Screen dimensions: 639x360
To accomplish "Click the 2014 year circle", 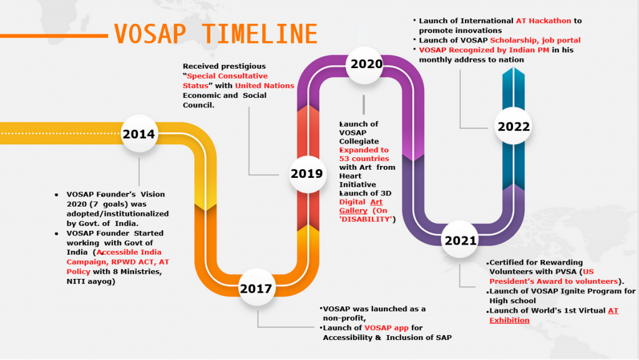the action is coord(139,134).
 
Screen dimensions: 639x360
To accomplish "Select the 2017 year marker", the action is coord(256,288).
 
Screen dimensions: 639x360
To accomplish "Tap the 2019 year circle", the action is coord(306,174).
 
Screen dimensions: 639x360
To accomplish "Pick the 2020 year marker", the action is coord(365,64).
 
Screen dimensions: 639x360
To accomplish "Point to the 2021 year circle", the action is coord(460,240).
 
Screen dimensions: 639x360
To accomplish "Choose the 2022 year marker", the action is coord(513,126).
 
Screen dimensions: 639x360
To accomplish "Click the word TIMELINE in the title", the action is coord(260,34).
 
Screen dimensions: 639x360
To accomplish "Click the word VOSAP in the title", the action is coord(150,34).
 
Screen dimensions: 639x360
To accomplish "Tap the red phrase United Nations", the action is coord(265,85).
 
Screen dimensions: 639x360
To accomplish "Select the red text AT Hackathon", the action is coord(544,21).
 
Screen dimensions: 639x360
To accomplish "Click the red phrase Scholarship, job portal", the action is coord(535,41).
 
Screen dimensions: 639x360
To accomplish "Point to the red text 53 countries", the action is coord(364,158).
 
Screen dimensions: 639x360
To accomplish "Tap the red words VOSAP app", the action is coord(386,328).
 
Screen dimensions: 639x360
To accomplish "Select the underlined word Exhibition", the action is coord(509,320).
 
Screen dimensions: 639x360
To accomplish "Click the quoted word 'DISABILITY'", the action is coord(366,219).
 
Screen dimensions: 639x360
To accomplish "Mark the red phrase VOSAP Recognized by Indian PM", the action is coord(484,50).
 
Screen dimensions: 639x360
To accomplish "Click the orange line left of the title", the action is coord(54,36).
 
